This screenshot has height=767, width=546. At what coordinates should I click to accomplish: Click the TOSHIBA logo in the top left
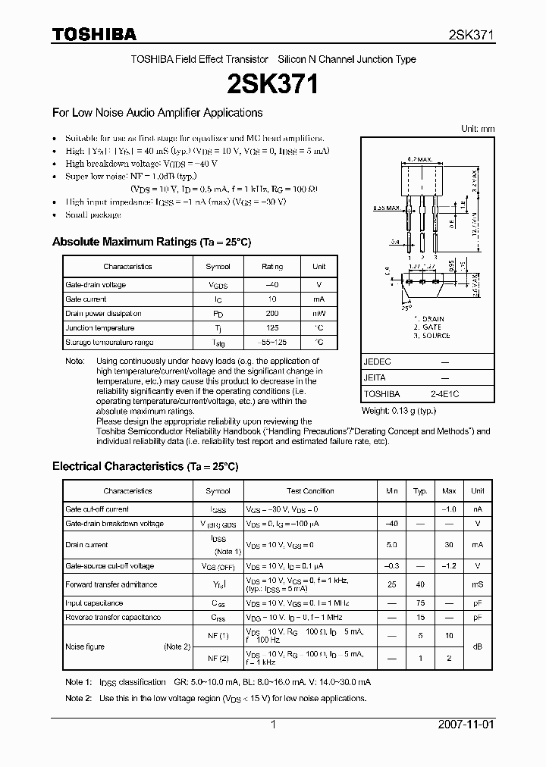point(94,34)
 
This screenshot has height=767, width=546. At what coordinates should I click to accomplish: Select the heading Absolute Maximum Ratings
point(124,242)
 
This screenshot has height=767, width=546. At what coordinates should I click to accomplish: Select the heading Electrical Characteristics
point(118,466)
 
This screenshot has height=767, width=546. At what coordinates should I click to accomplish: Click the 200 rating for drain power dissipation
point(271,314)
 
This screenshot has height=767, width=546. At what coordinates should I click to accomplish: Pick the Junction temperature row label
point(99,328)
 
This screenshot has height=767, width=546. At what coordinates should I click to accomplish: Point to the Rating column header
point(271,267)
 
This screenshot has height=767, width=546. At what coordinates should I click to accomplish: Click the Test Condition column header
point(310,491)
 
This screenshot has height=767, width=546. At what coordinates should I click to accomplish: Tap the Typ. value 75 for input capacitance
point(420,603)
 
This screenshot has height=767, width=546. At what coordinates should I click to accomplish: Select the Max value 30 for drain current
point(449,545)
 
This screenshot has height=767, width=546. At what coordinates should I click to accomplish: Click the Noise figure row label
point(85,646)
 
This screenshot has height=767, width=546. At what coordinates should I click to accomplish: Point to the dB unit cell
point(478,646)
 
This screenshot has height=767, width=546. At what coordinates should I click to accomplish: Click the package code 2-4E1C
point(444,394)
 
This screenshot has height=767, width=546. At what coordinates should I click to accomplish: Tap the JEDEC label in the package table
point(378,362)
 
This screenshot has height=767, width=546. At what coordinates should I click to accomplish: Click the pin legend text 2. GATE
point(431,327)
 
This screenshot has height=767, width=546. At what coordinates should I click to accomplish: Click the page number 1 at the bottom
point(272,725)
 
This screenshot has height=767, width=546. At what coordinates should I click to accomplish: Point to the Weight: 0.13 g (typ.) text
point(399,411)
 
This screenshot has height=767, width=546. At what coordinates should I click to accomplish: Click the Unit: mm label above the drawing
point(478,129)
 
